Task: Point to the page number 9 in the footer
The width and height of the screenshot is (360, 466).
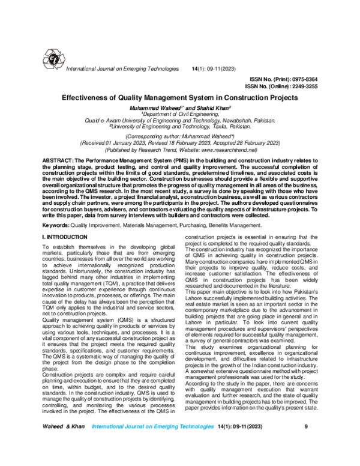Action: click(306, 444)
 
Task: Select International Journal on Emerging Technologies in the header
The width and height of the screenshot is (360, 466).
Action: click(122, 70)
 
